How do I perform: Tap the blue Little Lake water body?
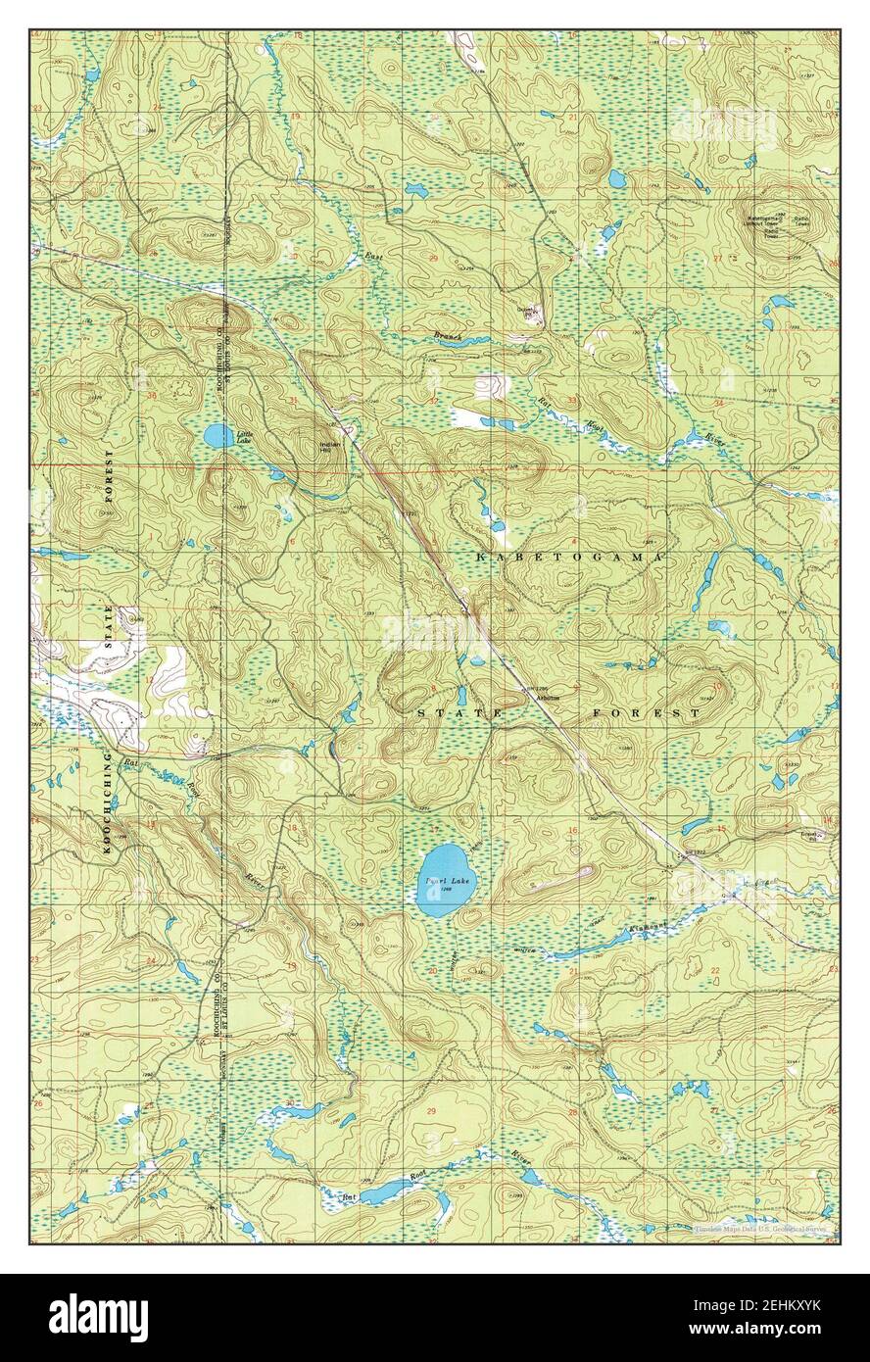click(x=217, y=435)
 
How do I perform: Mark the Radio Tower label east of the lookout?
click(x=801, y=219)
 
